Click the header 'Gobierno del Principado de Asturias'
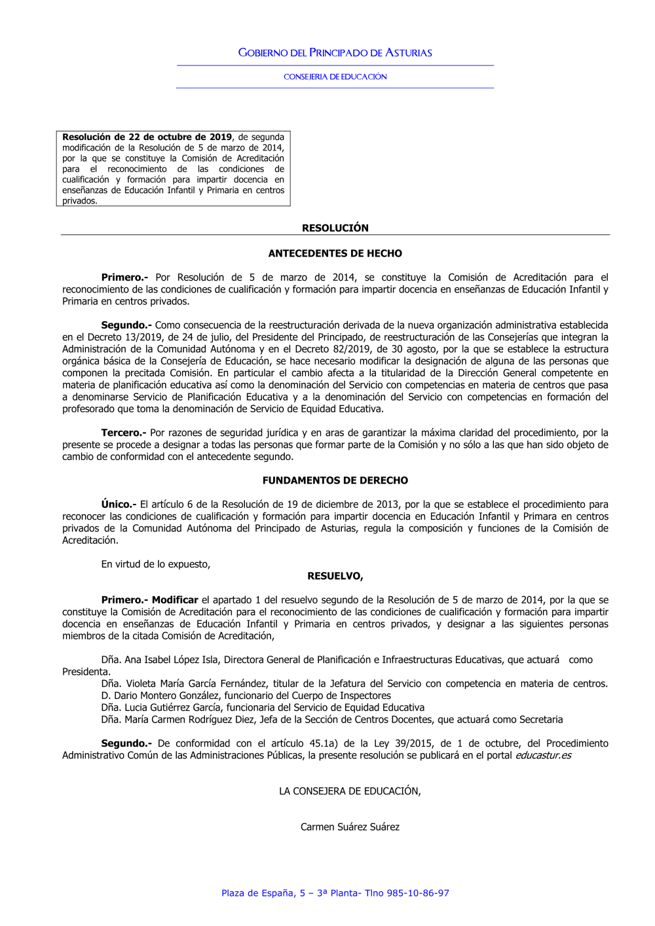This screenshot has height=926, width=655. click(335, 52)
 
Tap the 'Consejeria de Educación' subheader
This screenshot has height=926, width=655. click(335, 77)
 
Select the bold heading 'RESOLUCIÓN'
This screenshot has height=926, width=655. click(335, 228)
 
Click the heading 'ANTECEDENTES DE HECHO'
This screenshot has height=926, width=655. click(335, 253)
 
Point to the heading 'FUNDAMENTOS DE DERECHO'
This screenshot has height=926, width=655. click(335, 480)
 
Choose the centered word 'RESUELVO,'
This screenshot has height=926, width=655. click(335, 576)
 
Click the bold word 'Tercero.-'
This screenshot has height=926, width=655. click(124, 433)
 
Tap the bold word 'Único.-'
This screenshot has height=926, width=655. click(119, 504)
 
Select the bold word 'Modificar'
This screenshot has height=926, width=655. click(175, 599)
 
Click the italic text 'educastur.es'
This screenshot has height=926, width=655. click(543, 755)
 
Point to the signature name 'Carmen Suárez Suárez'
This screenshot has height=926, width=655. click(350, 827)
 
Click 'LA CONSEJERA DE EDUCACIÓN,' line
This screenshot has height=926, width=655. click(350, 791)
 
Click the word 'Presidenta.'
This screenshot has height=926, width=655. click(86, 671)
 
